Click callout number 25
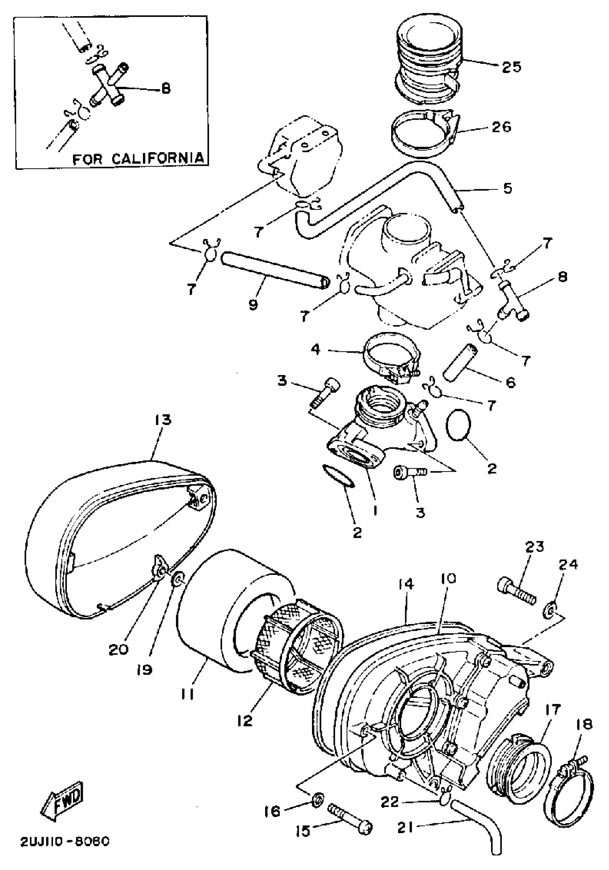[x=511, y=67]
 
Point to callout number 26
[x=501, y=126]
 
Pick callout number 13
[x=162, y=420]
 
